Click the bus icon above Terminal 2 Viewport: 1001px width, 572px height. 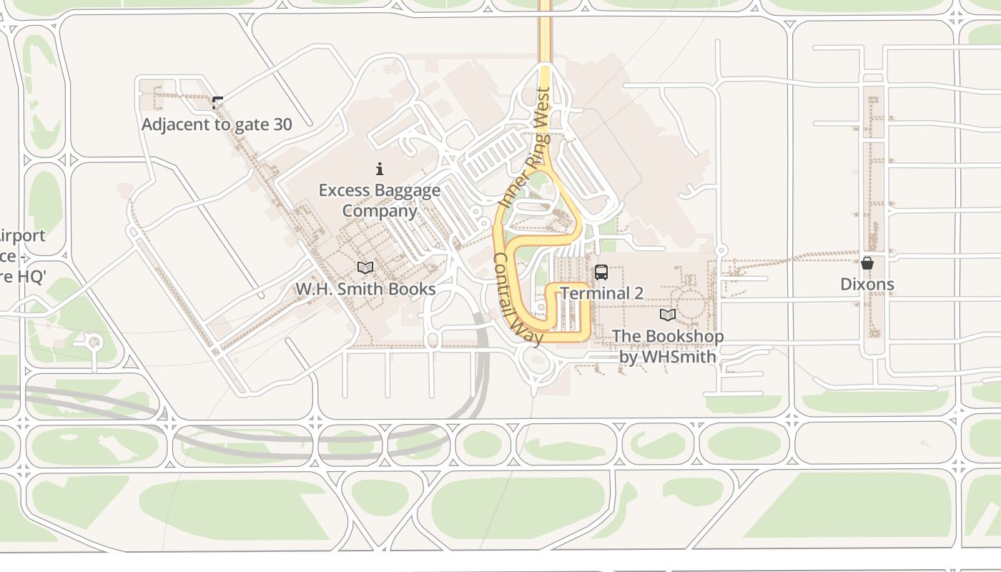(x=601, y=272)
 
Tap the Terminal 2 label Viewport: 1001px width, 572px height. (x=601, y=293)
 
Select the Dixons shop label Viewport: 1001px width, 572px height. (x=867, y=284)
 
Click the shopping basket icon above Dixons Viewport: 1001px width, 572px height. (x=867, y=263)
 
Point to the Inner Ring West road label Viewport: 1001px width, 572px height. (x=526, y=148)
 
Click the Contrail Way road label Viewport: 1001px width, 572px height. (x=518, y=300)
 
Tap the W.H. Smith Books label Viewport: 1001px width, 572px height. (x=365, y=289)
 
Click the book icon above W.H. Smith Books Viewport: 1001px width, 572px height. (x=365, y=268)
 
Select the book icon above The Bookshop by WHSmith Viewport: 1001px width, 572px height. (x=667, y=315)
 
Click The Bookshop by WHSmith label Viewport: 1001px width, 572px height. (x=667, y=346)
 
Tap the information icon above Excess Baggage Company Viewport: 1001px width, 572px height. (x=380, y=169)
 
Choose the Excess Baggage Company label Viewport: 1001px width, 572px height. (x=380, y=200)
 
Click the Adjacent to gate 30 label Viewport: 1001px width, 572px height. (x=217, y=124)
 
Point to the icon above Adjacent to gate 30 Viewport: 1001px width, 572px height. (x=217, y=103)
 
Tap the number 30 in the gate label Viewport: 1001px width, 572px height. (x=282, y=124)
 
